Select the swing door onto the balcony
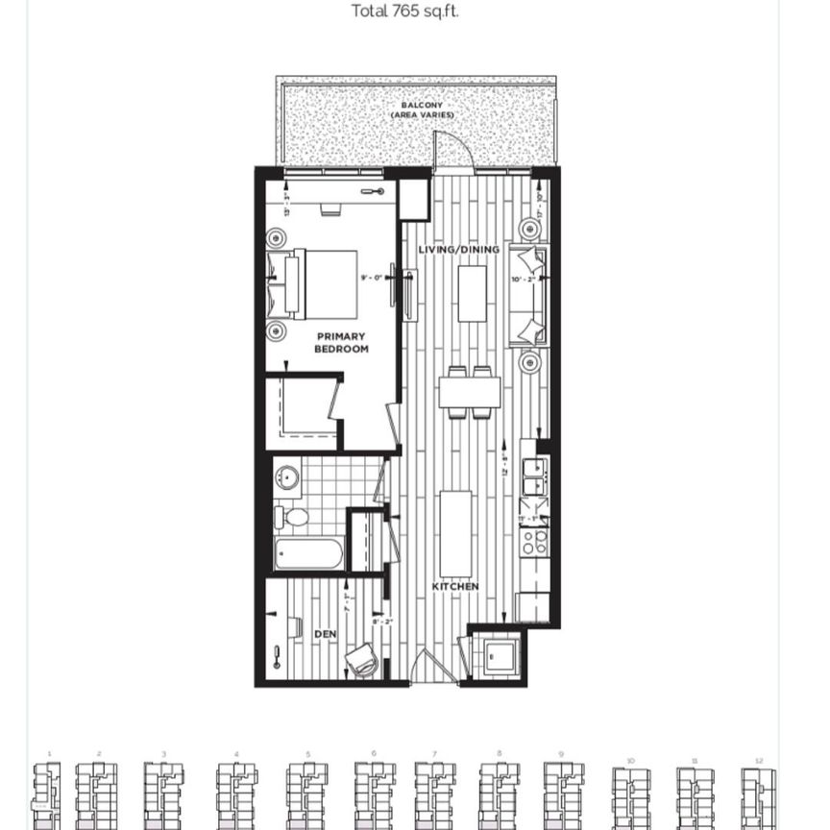point(452,152)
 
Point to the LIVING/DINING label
point(458,250)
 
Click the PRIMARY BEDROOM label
point(341,342)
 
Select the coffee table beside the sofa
point(472,293)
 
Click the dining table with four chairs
point(470,392)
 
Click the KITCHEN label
point(455,586)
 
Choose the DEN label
point(325,635)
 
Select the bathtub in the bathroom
point(307,553)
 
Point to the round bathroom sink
point(286,478)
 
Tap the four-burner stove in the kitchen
point(533,542)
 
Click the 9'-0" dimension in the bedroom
point(371,278)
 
